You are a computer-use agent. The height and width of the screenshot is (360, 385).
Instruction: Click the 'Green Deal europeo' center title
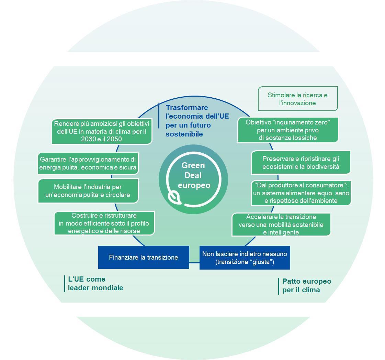click(194, 175)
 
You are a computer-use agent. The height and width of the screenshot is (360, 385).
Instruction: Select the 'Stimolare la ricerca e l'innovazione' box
click(298, 99)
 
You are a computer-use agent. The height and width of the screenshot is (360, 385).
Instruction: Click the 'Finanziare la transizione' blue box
click(144, 257)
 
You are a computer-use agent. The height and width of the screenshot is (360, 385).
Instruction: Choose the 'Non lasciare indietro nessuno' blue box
click(245, 258)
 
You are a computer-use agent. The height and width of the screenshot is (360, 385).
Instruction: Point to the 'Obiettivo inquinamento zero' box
click(288, 130)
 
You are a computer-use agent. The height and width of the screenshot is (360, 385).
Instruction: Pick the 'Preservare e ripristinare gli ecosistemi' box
click(301, 163)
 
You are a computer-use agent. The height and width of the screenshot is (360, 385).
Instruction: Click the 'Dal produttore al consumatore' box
click(301, 193)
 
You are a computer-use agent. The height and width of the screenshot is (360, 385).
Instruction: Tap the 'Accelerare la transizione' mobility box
click(281, 225)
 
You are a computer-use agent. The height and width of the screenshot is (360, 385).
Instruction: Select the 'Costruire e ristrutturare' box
click(104, 223)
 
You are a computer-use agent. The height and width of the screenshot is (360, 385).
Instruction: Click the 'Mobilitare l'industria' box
click(88, 191)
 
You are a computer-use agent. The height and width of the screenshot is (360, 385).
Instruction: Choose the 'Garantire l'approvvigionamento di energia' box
click(88, 163)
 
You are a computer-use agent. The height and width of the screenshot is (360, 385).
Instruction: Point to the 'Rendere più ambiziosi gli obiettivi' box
click(102, 131)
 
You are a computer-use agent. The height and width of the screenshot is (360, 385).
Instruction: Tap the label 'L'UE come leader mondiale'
click(95, 283)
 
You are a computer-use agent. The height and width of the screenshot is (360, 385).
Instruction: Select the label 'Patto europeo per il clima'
click(306, 285)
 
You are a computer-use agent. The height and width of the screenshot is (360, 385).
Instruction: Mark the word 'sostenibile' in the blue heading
click(184, 134)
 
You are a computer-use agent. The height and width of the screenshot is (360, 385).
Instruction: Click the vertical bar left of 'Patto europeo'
click(279, 286)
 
